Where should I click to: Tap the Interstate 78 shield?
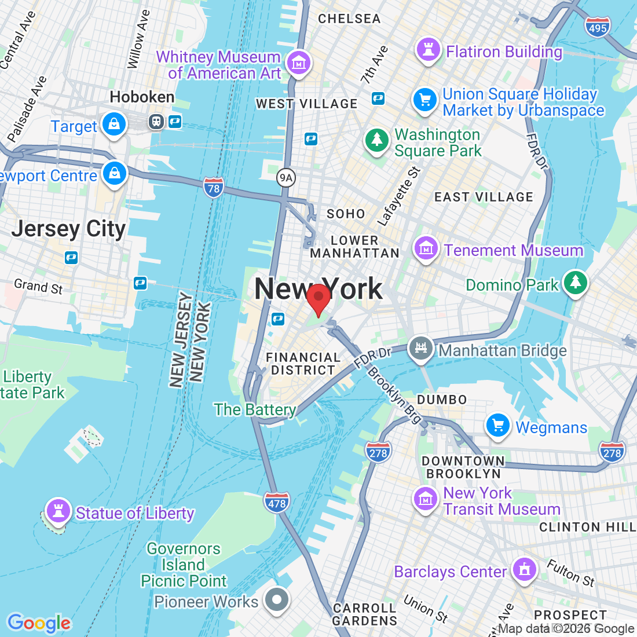pyautogui.click(x=214, y=188)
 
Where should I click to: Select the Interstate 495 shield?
pyautogui.click(x=597, y=27)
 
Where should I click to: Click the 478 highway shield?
pyautogui.click(x=277, y=503)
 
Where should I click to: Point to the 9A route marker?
pyautogui.click(x=285, y=178)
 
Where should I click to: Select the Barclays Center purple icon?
pyautogui.click(x=525, y=570)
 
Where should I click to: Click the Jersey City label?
pyautogui.click(x=68, y=229)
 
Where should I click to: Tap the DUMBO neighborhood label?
pyautogui.click(x=442, y=400)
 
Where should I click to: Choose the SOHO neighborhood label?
pyautogui.click(x=346, y=214)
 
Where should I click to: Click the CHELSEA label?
pyautogui.click(x=349, y=19)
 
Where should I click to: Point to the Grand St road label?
pyautogui.click(x=38, y=286)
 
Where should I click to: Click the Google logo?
pyautogui.click(x=39, y=623)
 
